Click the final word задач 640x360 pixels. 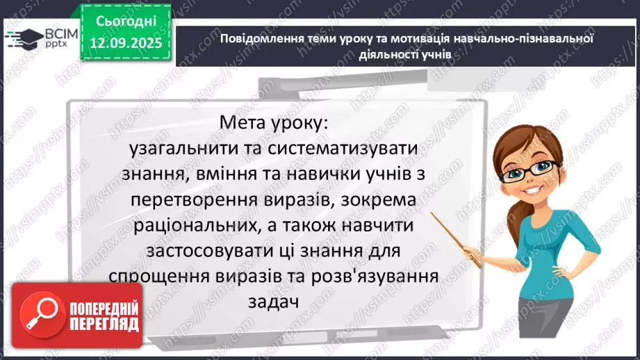point(272,302)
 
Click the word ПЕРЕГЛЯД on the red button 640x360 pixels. point(104,323)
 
